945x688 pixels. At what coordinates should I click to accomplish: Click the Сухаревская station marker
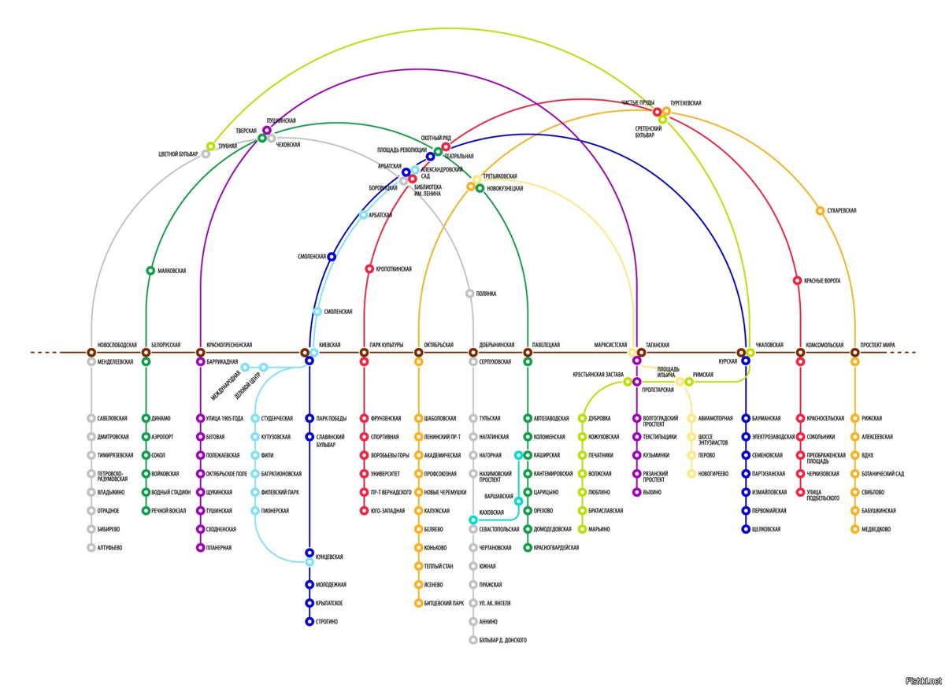pyautogui.click(x=820, y=211)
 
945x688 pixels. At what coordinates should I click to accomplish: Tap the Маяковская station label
pyautogui.click(x=172, y=271)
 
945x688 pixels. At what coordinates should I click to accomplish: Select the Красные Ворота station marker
pyautogui.click(x=797, y=280)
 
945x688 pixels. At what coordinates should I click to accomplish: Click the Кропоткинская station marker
pyautogui.click(x=369, y=269)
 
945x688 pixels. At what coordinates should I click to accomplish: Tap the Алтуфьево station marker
pyautogui.click(x=91, y=548)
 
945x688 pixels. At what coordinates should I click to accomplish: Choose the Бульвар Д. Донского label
pyautogui.click(x=502, y=641)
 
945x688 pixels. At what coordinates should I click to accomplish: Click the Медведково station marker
pyautogui.click(x=854, y=530)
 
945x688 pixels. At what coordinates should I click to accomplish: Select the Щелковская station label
pyautogui.click(x=766, y=530)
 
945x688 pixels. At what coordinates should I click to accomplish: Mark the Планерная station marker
pyautogui.click(x=200, y=548)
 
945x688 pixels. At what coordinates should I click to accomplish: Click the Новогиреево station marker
pyautogui.click(x=691, y=474)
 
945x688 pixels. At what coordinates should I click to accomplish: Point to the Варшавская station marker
pyautogui.click(x=518, y=501)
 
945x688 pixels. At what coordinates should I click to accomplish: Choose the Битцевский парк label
pyautogui.click(x=444, y=604)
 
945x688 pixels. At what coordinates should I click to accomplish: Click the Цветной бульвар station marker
pyautogui.click(x=206, y=154)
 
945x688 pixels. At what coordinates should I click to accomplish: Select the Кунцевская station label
pyautogui.click(x=329, y=557)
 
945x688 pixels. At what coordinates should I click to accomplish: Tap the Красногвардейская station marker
pyautogui.click(x=527, y=548)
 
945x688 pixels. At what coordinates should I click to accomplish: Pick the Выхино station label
pyautogui.click(x=652, y=493)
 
